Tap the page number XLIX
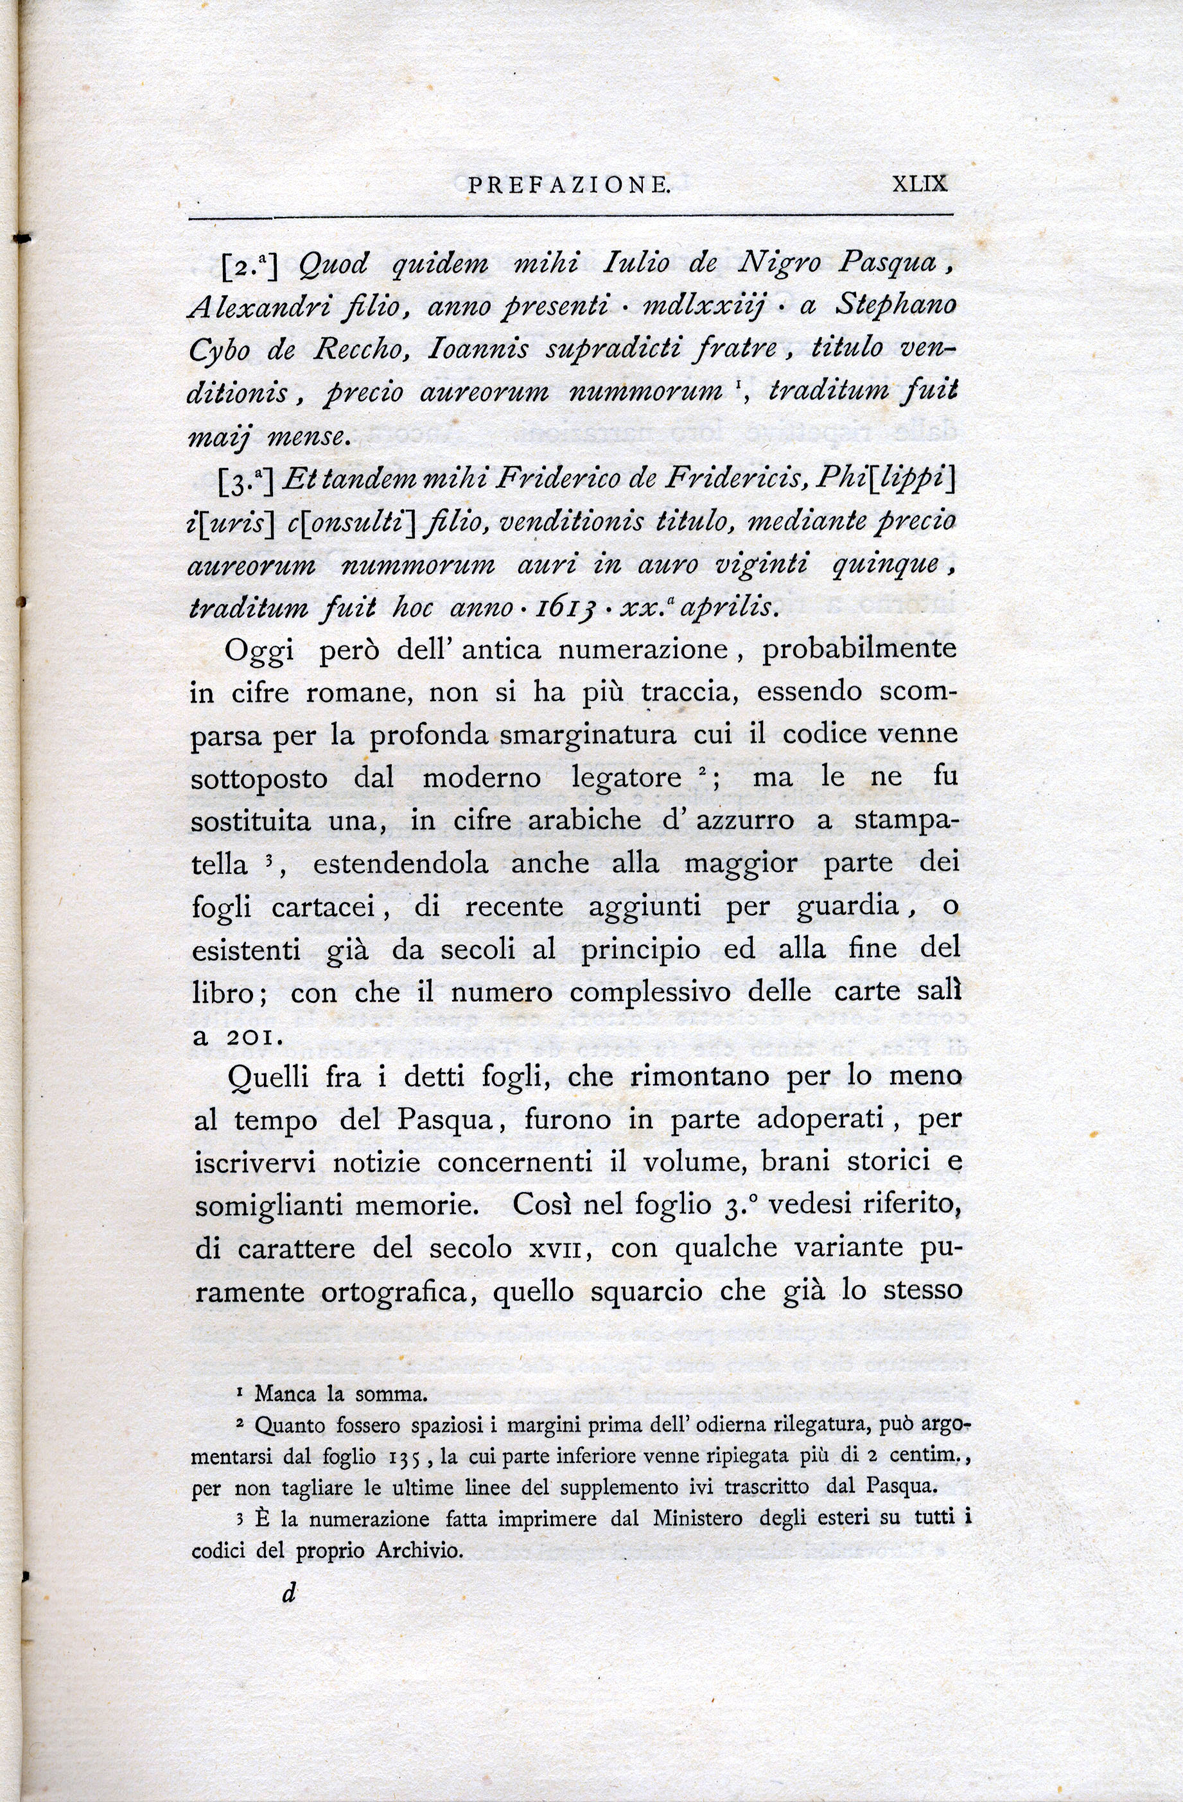(920, 185)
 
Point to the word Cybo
(225, 351)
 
